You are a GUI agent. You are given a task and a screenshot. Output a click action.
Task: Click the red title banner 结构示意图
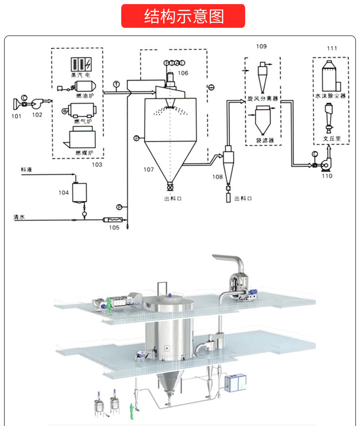183,16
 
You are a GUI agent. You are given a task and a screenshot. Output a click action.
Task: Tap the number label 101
16,115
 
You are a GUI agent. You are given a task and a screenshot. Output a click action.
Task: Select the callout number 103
97,164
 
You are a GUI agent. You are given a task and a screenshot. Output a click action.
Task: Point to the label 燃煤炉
84,153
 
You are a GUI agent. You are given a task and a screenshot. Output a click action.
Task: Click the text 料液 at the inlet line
26,169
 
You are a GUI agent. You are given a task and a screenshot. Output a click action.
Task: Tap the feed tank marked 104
80,191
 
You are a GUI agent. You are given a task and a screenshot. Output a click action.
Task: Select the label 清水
19,217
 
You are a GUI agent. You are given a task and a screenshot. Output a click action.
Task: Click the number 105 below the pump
113,227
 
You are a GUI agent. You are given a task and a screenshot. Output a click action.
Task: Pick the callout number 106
183,73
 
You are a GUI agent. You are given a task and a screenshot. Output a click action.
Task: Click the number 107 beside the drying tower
149,169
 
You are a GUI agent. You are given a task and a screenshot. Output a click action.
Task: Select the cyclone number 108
217,176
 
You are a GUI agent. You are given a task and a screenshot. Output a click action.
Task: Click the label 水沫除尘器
330,97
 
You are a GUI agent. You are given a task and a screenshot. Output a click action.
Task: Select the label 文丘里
331,137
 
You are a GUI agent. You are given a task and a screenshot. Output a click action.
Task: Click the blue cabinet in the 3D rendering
236,383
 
